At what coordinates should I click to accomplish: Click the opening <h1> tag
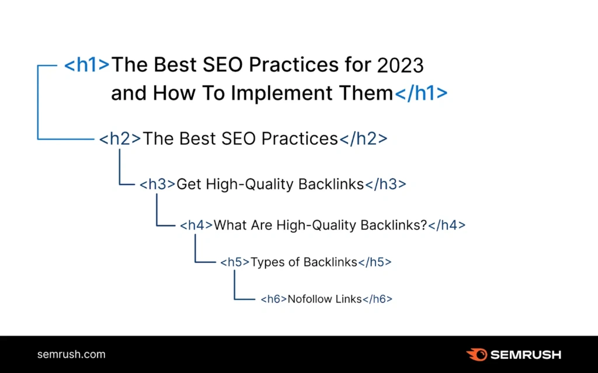[x=86, y=64]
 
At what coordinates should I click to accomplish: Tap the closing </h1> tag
[x=421, y=93]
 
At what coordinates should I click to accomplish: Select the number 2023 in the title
[x=400, y=65]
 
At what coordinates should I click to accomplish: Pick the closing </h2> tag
[x=363, y=138]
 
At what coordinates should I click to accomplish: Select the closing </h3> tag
[x=385, y=184]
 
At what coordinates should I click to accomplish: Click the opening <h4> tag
[x=196, y=225]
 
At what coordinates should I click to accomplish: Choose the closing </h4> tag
[x=447, y=225]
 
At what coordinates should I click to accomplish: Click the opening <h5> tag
[x=235, y=262]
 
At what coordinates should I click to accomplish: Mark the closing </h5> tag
[x=374, y=262]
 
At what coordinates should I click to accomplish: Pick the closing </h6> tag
[x=377, y=299]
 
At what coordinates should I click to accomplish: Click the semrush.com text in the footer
[x=71, y=354]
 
